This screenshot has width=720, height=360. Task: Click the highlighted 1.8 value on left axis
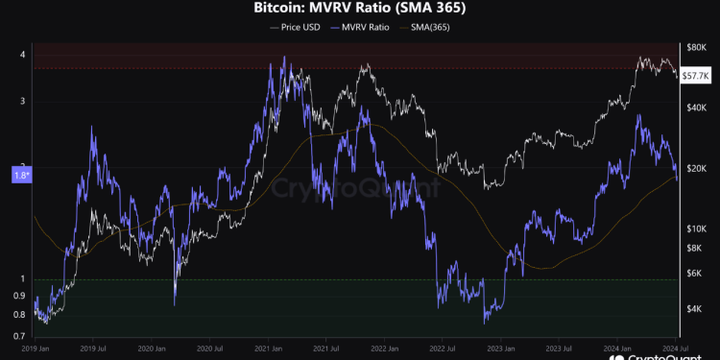(21, 175)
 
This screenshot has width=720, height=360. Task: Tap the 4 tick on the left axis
(22, 55)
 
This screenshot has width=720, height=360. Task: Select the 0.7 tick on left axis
(20, 337)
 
